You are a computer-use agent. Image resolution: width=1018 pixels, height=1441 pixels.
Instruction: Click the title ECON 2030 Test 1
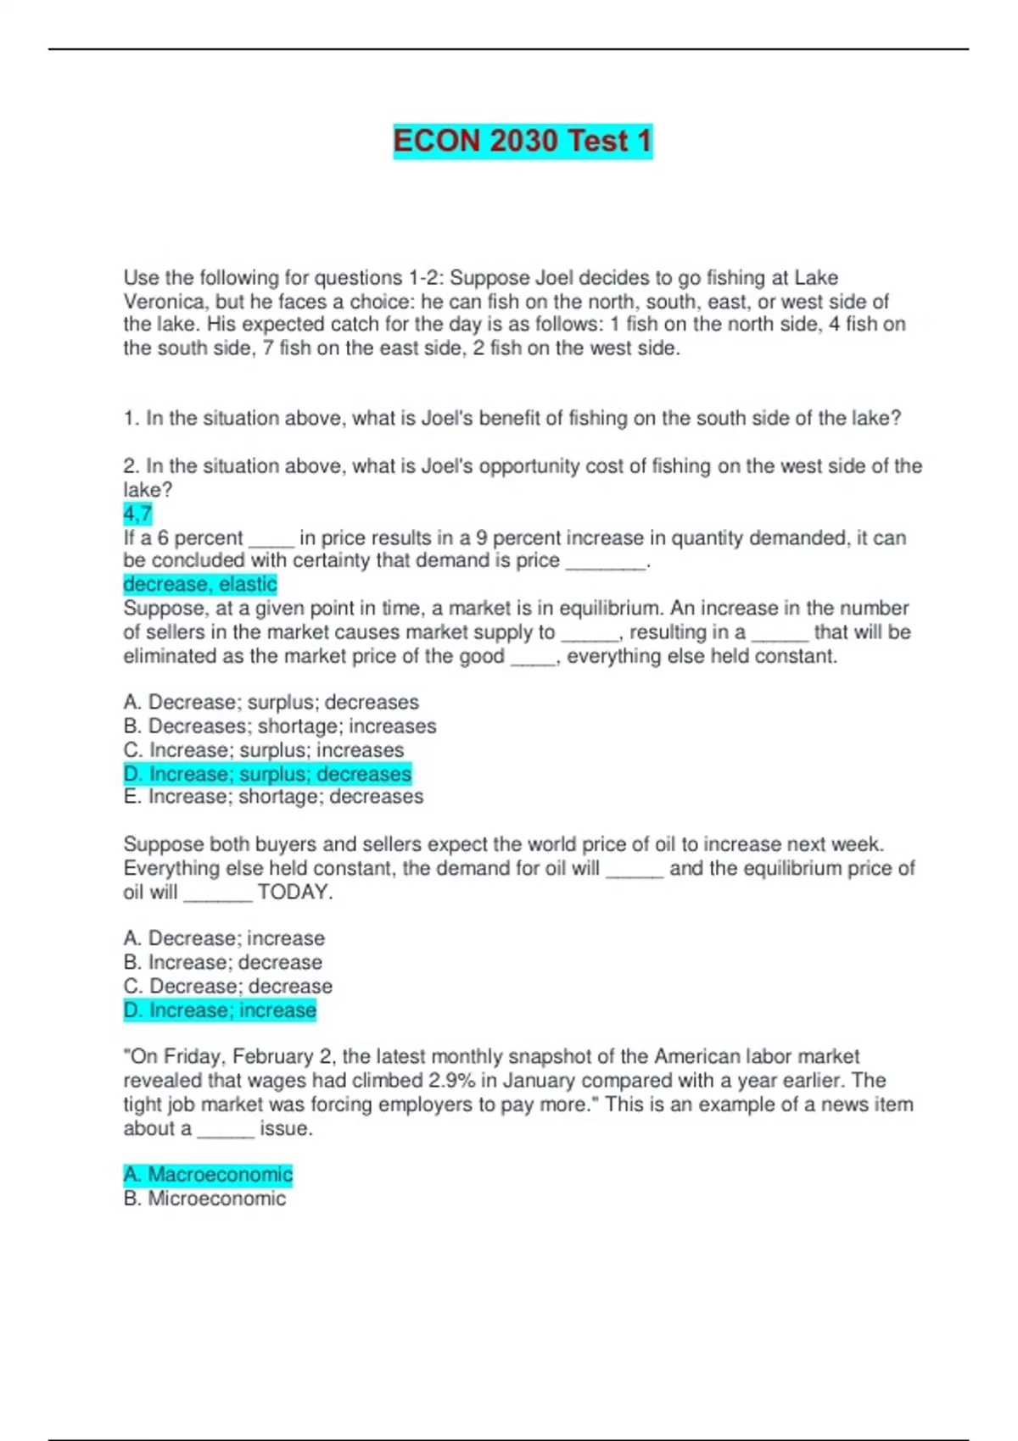(x=523, y=141)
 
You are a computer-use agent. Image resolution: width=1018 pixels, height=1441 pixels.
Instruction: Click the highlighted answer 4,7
(x=137, y=514)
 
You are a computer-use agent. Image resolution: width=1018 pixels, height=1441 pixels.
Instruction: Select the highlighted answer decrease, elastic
(x=200, y=584)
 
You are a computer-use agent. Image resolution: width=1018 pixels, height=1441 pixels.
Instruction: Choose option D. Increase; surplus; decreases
(x=267, y=774)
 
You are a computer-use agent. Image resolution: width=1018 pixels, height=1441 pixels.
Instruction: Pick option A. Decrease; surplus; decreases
(x=271, y=702)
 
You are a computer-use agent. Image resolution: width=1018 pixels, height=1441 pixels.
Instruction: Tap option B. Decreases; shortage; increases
(x=279, y=726)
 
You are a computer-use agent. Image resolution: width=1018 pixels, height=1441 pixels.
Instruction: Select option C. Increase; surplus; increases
(x=263, y=750)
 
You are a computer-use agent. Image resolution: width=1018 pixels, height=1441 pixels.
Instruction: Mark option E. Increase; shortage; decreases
(x=272, y=797)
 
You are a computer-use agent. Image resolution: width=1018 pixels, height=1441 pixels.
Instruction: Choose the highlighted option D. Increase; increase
(x=220, y=1010)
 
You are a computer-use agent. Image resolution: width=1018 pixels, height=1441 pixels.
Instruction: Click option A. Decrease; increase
(x=224, y=938)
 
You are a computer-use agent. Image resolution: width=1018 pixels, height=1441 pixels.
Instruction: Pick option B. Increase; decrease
(x=222, y=962)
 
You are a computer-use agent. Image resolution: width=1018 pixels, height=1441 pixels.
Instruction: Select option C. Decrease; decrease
(x=227, y=986)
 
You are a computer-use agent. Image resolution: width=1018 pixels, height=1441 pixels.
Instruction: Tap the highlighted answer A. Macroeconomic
(x=208, y=1174)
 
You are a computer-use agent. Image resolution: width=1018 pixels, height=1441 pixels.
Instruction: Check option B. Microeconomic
(x=204, y=1199)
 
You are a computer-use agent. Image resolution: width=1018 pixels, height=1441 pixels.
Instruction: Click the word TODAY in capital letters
(x=294, y=892)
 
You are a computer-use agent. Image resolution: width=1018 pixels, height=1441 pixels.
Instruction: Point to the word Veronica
(x=165, y=302)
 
